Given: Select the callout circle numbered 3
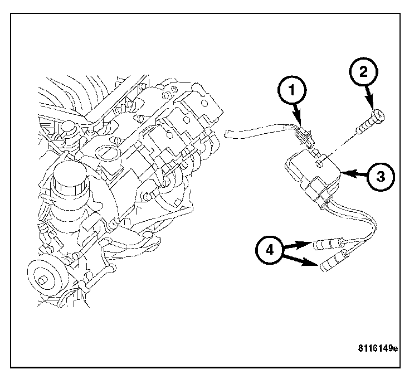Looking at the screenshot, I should [x=380, y=176].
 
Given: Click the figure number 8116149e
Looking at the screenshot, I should [x=378, y=349].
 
